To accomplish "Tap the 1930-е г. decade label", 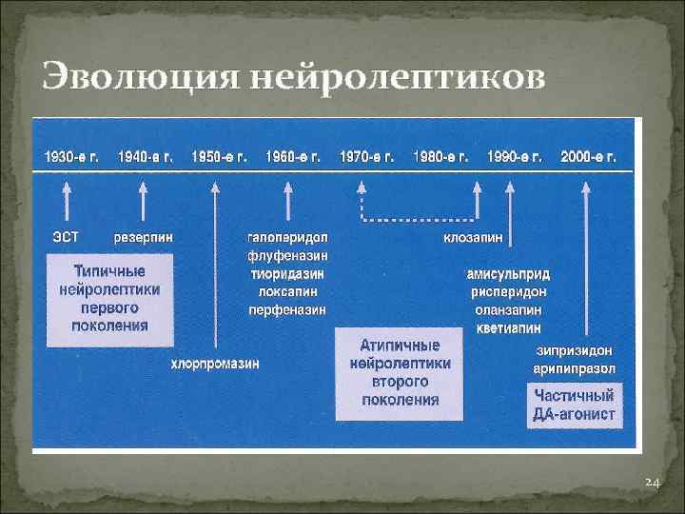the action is (67, 156).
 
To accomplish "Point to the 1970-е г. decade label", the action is (367, 156).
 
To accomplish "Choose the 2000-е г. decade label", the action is (588, 156).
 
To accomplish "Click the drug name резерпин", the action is (143, 235).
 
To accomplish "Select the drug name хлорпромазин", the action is (215, 363).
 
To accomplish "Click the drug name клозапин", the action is (473, 236).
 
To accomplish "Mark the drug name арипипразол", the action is (575, 368).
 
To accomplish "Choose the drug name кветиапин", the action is (508, 327).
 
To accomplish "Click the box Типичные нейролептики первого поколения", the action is (109, 300).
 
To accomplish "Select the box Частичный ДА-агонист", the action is (575, 405).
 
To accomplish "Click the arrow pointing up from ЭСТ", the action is (66, 202).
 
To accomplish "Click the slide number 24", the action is (652, 484).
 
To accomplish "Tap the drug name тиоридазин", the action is (287, 273).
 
